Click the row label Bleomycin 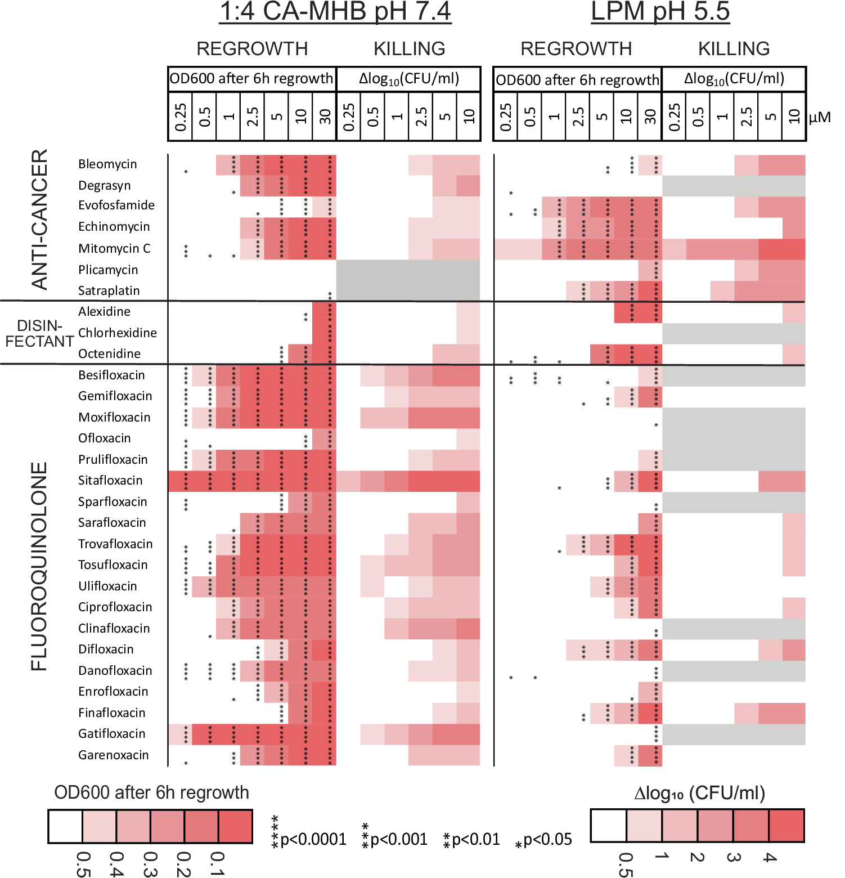(107, 164)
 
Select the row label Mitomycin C (114, 248)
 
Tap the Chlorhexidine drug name (117, 333)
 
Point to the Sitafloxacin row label (110, 480)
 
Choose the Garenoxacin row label (113, 755)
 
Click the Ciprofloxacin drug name (115, 607)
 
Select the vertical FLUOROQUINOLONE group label (39, 566)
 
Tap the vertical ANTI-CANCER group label (39, 219)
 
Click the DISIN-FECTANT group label (39, 333)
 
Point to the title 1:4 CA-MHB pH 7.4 (335, 12)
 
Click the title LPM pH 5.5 (660, 12)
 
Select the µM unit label (819, 117)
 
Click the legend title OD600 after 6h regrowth (151, 792)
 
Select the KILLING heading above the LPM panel (734, 49)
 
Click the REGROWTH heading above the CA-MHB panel (251, 49)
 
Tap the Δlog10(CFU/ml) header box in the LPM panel (734, 79)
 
